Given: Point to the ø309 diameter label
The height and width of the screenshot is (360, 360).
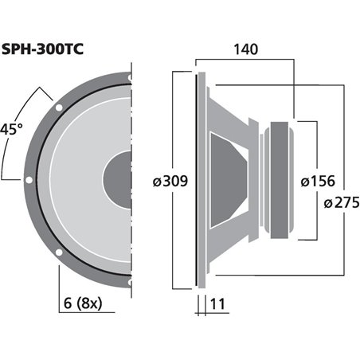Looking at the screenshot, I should coord(170,182).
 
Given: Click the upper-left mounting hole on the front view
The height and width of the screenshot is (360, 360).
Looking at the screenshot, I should coord(58,107).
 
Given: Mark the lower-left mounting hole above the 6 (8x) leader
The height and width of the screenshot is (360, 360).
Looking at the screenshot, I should coord(58,253).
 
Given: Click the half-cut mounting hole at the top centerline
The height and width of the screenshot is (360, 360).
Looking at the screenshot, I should coord(129,77).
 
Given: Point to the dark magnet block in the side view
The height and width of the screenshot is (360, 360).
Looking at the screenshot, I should coord(283,179).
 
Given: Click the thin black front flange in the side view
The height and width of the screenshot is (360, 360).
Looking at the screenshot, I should coord(196,179).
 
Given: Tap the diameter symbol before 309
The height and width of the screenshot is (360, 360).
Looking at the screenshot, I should coord(157,182).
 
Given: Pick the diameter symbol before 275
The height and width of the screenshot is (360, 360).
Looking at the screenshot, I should coord(328,203).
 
